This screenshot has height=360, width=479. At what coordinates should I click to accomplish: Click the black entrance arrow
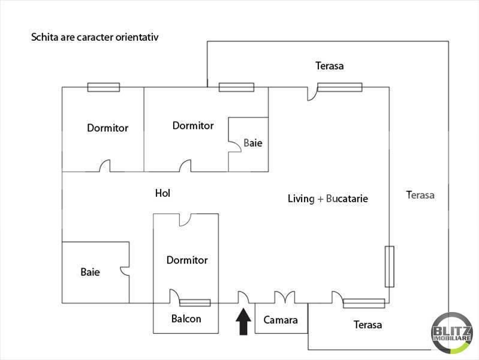click(243, 322)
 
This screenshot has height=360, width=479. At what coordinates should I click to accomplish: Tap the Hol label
click(162, 193)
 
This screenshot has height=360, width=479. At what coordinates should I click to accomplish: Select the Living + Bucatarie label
click(327, 199)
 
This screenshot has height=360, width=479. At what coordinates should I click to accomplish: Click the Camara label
click(281, 320)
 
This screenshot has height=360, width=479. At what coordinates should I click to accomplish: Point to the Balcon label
click(186, 319)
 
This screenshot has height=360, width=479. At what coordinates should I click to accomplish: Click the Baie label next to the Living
click(252, 144)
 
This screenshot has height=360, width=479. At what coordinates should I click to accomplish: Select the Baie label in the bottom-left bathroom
click(90, 272)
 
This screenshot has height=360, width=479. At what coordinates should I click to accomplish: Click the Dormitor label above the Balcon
click(187, 260)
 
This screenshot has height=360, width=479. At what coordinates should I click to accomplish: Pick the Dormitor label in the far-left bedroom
click(107, 128)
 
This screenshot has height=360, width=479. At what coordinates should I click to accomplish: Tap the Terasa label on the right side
click(420, 194)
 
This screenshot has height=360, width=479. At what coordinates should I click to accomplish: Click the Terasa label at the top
click(330, 66)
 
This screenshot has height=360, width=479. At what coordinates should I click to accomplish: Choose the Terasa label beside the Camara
click(367, 325)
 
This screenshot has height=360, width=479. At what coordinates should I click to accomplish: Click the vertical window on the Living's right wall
click(390, 266)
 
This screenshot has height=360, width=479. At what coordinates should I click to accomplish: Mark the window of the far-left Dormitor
click(103, 87)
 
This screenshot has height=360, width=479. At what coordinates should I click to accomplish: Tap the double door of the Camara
click(285, 298)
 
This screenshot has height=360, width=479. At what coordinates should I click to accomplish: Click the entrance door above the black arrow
click(243, 297)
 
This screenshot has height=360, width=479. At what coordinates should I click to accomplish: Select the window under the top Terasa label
click(340, 87)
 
